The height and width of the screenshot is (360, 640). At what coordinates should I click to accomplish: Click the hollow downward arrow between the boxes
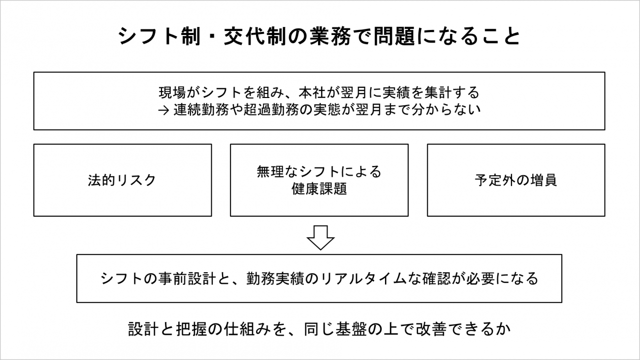pyautogui.click(x=320, y=238)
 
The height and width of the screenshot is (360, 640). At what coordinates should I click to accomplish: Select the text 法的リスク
pyautogui.click(x=122, y=180)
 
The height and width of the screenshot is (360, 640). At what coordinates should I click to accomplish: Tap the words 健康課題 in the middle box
pyautogui.click(x=319, y=189)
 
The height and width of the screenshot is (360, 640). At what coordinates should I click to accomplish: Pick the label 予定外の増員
pyautogui.click(x=516, y=180)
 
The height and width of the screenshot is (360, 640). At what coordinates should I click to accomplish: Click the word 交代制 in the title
pyautogui.click(x=255, y=36)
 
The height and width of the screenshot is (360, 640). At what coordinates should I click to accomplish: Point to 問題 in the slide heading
pyautogui.click(x=394, y=36)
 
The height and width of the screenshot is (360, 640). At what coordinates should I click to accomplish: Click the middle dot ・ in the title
pyautogui.click(x=212, y=37)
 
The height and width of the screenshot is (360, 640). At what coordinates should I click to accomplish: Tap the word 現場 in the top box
pyautogui.click(x=173, y=93)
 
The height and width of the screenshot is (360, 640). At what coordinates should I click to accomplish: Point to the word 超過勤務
pyautogui.click(x=271, y=109)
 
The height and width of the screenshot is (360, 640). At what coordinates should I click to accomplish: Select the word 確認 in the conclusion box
pyautogui.click(x=437, y=279)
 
